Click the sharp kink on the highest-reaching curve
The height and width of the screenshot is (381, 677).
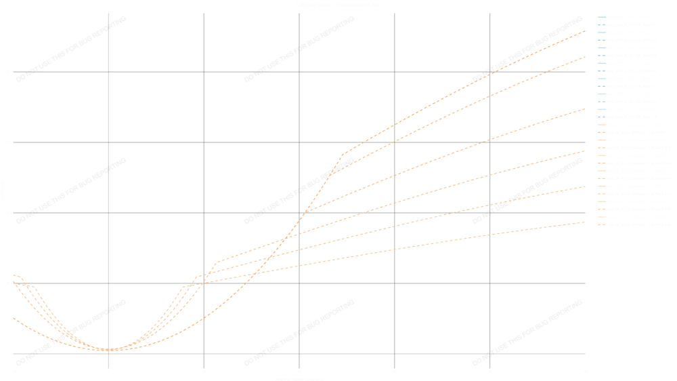click(343, 155)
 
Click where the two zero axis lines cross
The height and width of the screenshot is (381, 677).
click(108, 354)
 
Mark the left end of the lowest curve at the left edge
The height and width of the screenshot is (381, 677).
click(14, 318)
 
